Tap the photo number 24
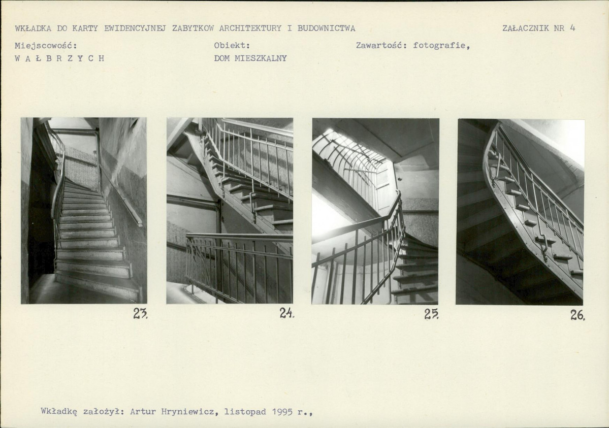(287, 313)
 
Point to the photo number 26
(578, 315)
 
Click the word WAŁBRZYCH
(59, 58)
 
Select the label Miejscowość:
(46, 46)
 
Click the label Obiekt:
(232, 46)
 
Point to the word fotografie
(441, 46)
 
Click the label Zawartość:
(381, 46)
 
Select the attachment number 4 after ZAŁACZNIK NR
(572, 27)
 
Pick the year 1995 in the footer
(282, 411)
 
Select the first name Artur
(143, 411)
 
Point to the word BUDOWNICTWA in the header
(326, 28)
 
